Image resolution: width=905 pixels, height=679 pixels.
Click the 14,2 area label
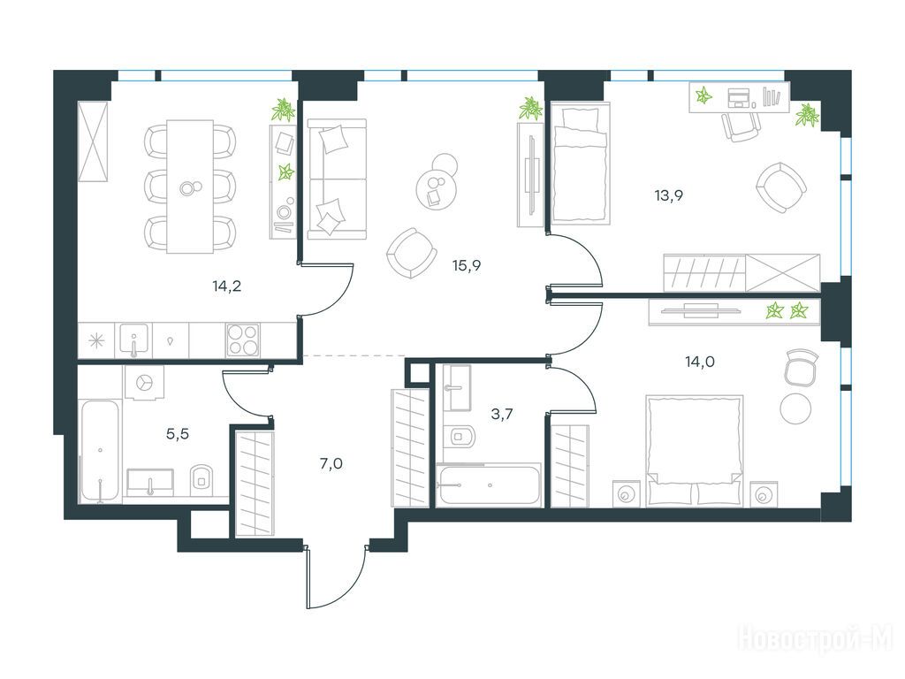[x=227, y=286]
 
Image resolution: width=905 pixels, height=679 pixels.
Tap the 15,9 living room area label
[x=467, y=265]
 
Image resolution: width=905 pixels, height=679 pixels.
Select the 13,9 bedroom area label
[x=669, y=195]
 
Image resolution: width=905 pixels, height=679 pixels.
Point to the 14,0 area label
[x=700, y=362]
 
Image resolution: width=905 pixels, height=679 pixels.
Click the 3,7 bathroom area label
[x=502, y=415]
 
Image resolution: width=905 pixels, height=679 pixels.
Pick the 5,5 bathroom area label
[x=178, y=433]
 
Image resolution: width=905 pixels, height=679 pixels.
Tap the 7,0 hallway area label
[x=331, y=463]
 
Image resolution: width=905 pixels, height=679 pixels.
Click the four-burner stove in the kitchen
[x=243, y=339]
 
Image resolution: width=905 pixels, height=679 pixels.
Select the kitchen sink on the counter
[x=134, y=339]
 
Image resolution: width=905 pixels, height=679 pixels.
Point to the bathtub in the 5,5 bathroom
[x=101, y=452]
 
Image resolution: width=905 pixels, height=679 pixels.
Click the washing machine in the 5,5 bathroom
[x=144, y=382]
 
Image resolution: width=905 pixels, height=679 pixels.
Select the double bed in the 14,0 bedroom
[x=694, y=450]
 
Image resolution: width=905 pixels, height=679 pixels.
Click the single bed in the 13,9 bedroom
[x=580, y=164]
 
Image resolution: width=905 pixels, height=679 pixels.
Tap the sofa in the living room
[x=337, y=179]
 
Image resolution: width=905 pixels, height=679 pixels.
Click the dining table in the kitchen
[x=190, y=187]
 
